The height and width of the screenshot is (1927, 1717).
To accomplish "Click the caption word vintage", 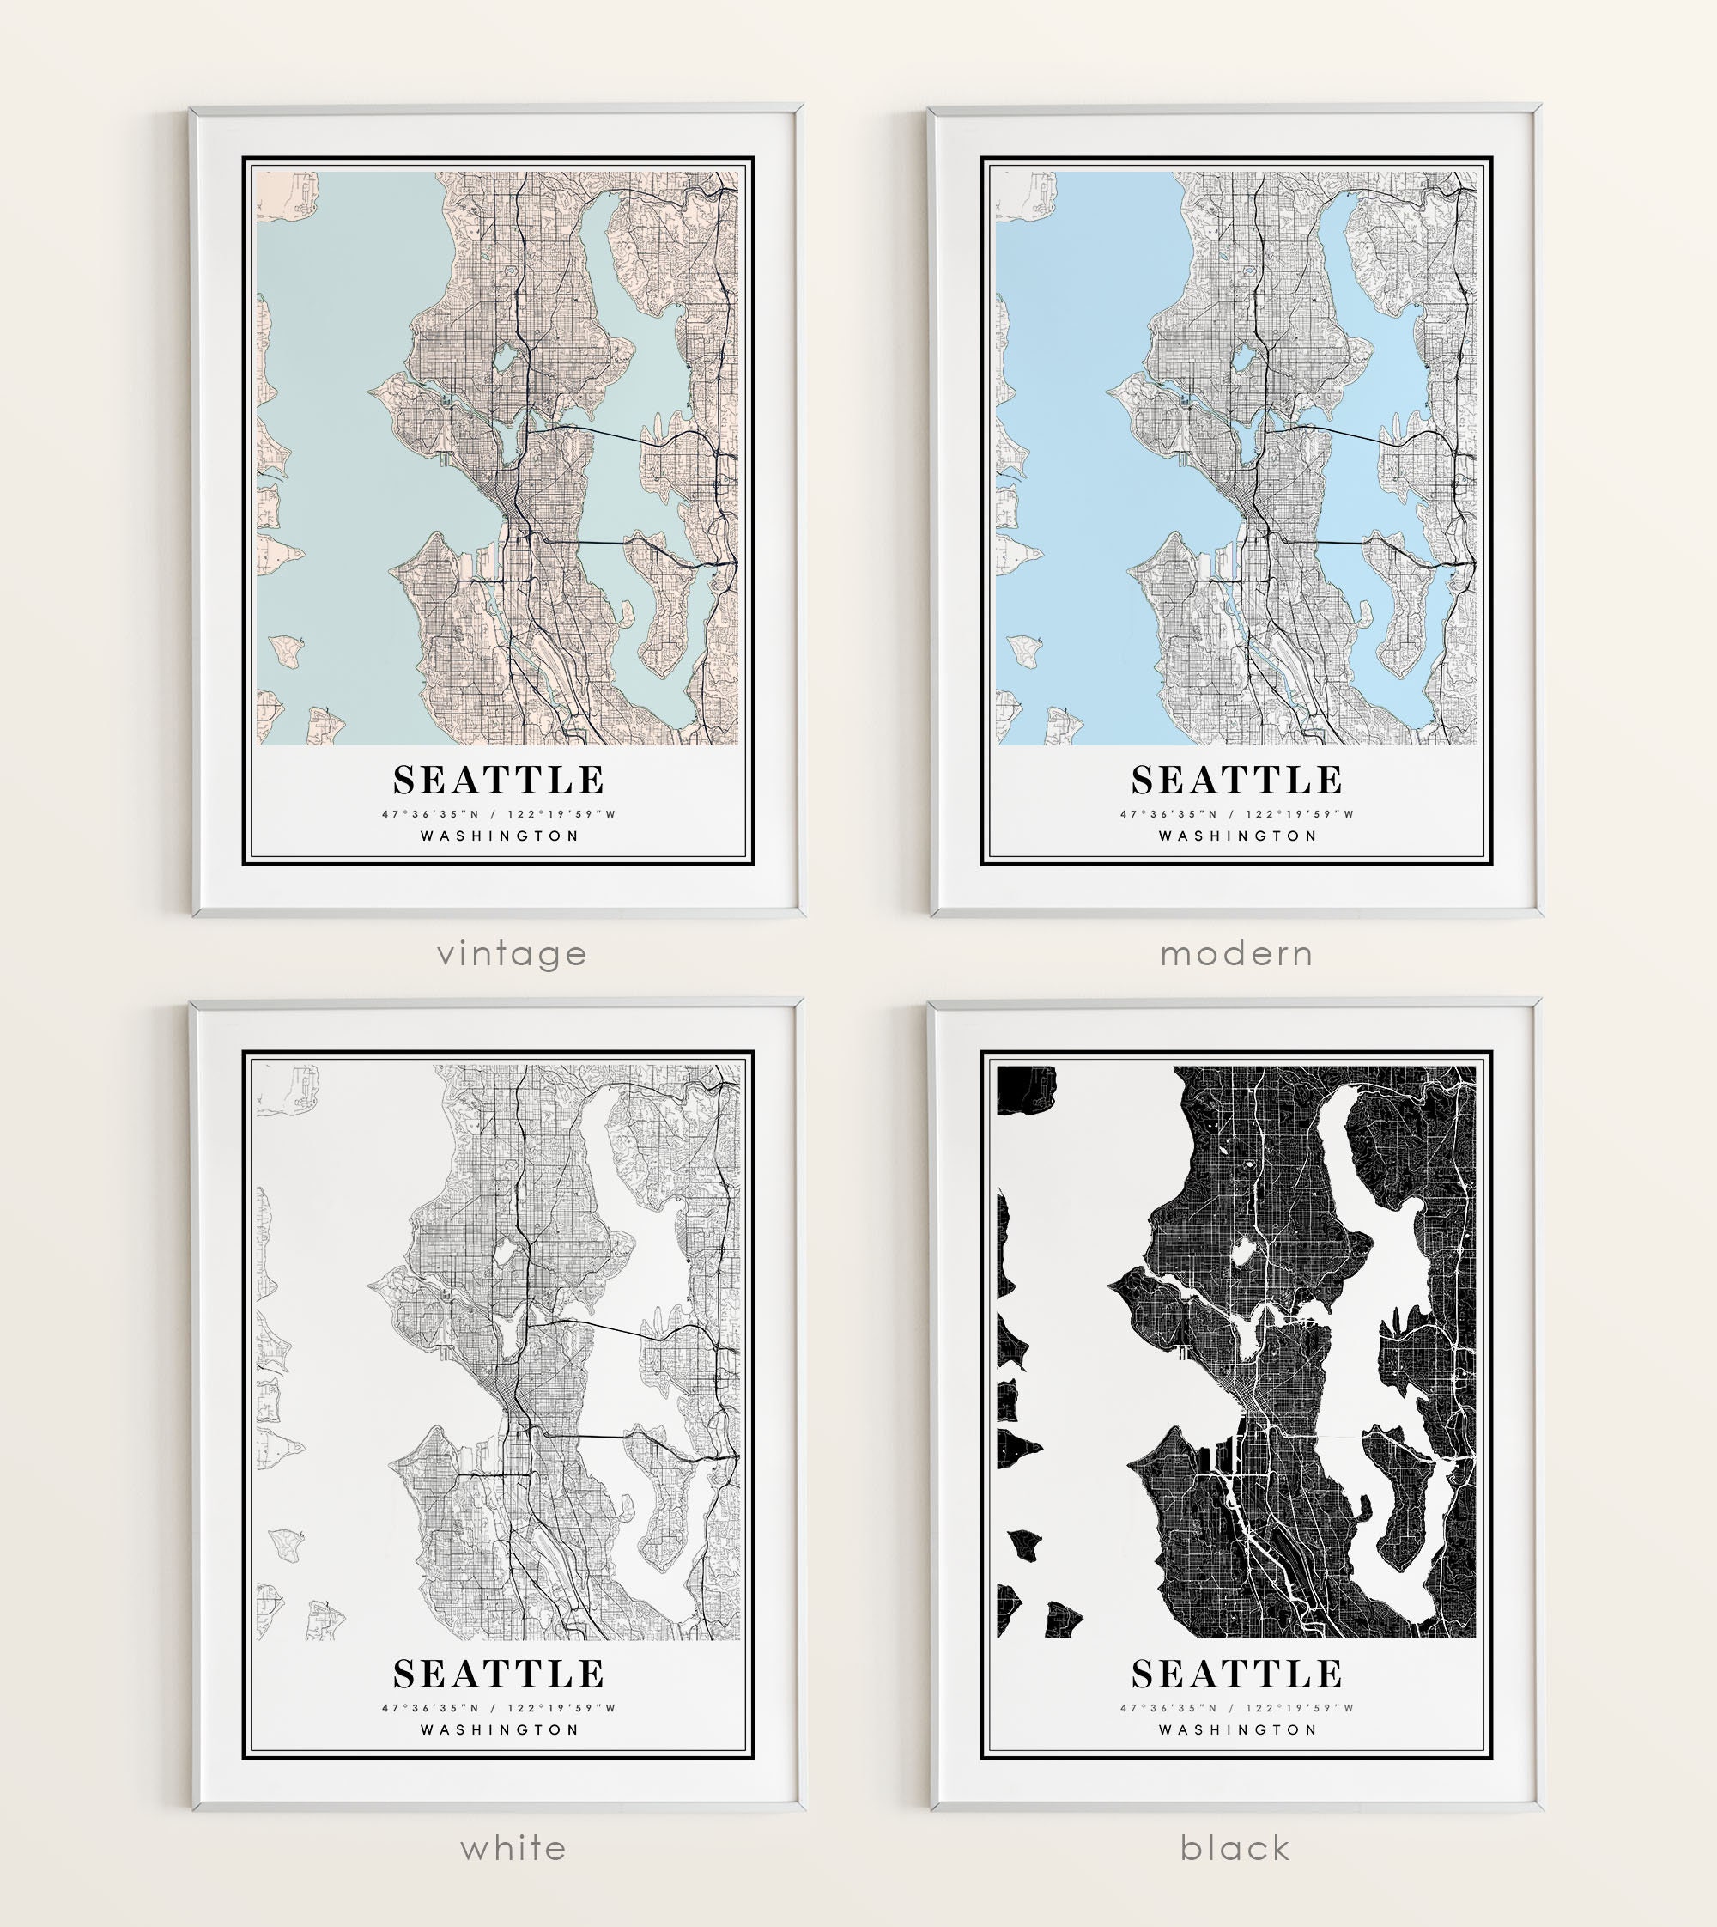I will (x=512, y=954).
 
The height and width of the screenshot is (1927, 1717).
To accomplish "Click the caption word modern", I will (x=1236, y=954).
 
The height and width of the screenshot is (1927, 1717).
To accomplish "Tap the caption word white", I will (x=513, y=1848).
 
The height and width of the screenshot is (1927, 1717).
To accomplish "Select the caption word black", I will (x=1235, y=1848).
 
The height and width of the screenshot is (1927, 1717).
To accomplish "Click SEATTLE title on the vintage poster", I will (x=499, y=781).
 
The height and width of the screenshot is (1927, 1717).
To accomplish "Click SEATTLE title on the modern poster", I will (x=1237, y=781).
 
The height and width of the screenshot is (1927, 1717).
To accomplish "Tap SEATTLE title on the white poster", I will (x=499, y=1674).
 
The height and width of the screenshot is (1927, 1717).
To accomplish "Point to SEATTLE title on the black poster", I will (x=1237, y=1674).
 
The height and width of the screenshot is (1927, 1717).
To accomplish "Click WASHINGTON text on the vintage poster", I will (x=499, y=836).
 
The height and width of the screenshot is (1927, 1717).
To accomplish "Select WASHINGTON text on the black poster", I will (x=1237, y=1729).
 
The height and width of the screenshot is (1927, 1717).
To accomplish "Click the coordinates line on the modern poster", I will (x=1237, y=813).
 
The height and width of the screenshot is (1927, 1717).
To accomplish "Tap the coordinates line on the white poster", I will (x=499, y=1707).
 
